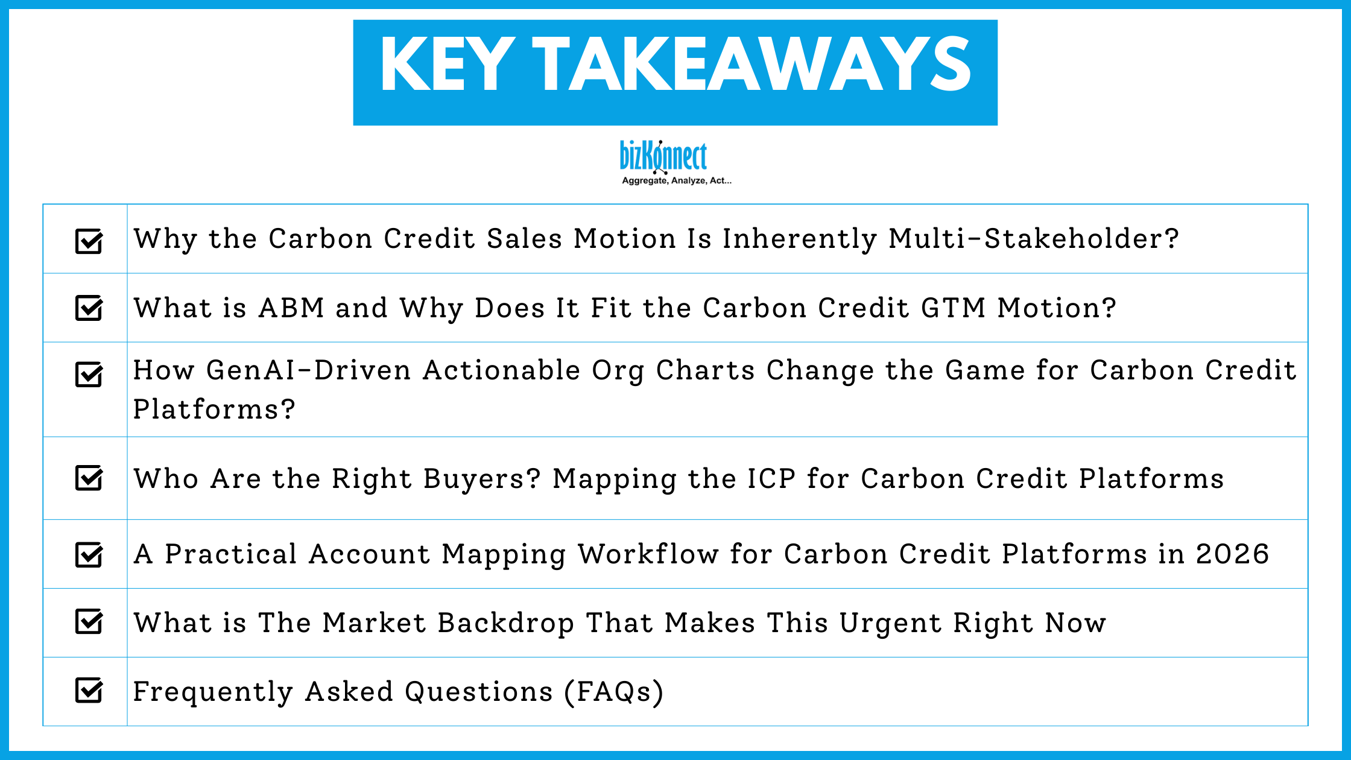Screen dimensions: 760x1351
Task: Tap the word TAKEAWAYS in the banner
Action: (x=751, y=65)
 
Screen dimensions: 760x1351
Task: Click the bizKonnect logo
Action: (x=663, y=156)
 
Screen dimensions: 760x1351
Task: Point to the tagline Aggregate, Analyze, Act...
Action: (x=676, y=180)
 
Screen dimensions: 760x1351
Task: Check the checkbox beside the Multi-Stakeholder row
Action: (x=89, y=241)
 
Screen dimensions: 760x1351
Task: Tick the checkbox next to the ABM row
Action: (x=89, y=308)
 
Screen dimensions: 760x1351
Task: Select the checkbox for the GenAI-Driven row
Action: (x=89, y=374)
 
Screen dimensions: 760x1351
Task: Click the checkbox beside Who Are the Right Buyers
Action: (x=89, y=478)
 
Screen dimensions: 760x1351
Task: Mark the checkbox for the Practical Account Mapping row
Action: (x=89, y=555)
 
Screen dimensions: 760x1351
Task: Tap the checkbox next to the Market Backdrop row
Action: (x=89, y=622)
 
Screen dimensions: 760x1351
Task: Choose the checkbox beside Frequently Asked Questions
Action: (x=89, y=691)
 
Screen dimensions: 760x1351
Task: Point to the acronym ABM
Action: (x=292, y=308)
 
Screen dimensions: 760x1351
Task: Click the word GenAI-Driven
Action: (x=308, y=370)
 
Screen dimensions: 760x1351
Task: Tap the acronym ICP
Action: (x=771, y=479)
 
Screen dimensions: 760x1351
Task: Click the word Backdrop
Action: (x=505, y=623)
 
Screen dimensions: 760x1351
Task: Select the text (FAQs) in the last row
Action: (x=613, y=692)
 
